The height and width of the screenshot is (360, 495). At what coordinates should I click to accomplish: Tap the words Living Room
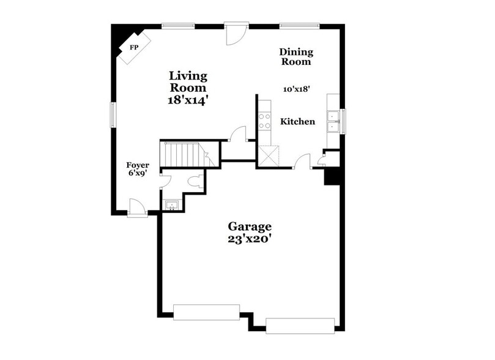(x=188, y=82)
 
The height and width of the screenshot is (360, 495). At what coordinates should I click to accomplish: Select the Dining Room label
(x=296, y=57)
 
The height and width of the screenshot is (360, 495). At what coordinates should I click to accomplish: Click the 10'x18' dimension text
(x=296, y=89)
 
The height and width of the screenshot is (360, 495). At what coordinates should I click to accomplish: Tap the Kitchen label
(x=297, y=122)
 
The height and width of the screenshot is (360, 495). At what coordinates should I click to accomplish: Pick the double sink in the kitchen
(x=333, y=121)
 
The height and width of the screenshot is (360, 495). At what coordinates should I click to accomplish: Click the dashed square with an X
(x=269, y=155)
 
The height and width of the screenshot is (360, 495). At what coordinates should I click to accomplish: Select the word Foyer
(x=137, y=165)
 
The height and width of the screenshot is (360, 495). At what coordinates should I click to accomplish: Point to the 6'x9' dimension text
(x=137, y=174)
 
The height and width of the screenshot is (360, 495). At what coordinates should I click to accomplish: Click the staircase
(x=183, y=154)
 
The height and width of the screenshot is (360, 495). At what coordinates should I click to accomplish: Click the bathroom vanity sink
(x=171, y=204)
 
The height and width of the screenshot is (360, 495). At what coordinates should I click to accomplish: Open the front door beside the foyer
(x=138, y=209)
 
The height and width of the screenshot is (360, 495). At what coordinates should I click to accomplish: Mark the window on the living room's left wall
(x=113, y=114)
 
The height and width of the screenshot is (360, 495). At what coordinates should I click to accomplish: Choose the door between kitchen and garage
(x=302, y=163)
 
